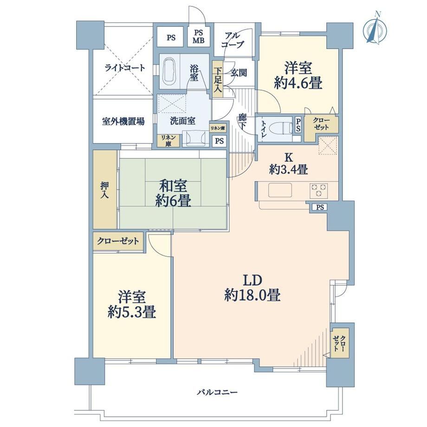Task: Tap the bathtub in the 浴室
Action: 169,71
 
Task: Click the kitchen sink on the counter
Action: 280,190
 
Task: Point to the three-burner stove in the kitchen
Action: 318,190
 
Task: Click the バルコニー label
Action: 217,392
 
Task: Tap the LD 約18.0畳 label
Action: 252,288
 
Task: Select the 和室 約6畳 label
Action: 173,194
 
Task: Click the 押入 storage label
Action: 104,190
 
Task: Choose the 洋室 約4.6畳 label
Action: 298,75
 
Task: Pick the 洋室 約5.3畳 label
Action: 131,304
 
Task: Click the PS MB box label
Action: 199,37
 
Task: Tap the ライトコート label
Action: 125,68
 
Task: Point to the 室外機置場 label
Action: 123,121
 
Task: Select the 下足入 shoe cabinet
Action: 218,79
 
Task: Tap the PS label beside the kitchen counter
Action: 320,207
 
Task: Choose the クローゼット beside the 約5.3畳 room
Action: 118,241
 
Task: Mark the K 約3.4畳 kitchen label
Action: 289,164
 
